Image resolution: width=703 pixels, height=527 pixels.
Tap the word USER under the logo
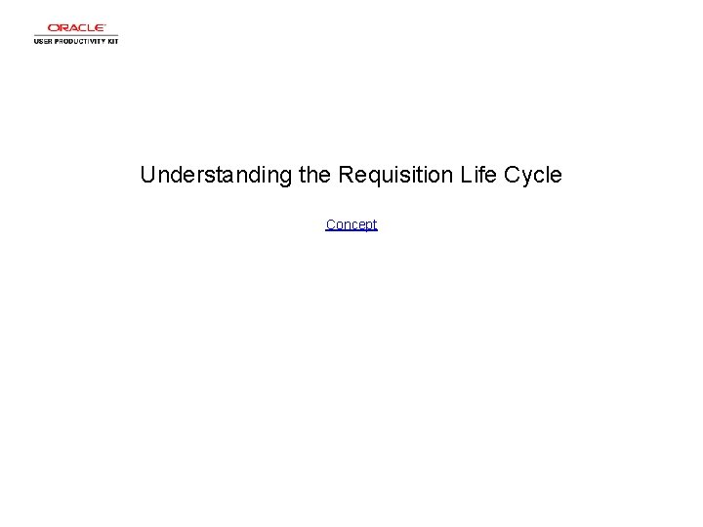click(x=44, y=41)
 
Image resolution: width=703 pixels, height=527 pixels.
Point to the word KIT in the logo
click(x=111, y=41)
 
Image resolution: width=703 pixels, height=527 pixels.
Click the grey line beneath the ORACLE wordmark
click(x=76, y=35)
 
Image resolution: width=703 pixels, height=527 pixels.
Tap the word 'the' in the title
click(x=314, y=176)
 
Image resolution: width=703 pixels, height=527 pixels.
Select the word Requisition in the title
click(x=393, y=176)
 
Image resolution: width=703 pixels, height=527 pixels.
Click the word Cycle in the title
click(x=532, y=176)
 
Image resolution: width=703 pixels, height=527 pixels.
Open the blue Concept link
click(x=351, y=224)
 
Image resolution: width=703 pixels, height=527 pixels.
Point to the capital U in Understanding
click(x=147, y=176)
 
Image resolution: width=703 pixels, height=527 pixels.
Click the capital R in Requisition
click(x=346, y=176)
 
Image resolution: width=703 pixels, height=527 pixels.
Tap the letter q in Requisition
click(x=371, y=178)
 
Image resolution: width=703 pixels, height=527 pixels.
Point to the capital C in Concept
click(x=330, y=224)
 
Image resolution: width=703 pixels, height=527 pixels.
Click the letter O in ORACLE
click(x=53, y=28)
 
